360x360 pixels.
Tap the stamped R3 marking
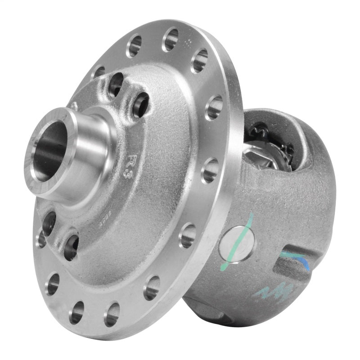[134, 162]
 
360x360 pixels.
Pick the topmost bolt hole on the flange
[170, 40]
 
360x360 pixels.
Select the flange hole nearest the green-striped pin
[188, 235]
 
